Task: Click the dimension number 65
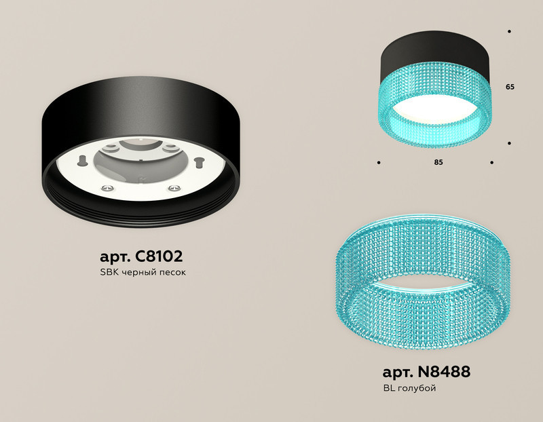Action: click(510, 88)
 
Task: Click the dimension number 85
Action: click(438, 163)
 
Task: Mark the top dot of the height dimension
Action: click(509, 31)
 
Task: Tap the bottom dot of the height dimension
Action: click(509, 143)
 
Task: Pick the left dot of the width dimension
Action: click(379, 163)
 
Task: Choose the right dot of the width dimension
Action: click(491, 163)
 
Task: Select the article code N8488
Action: click(442, 372)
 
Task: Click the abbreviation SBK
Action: click(109, 273)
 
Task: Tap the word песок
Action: click(171, 273)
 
